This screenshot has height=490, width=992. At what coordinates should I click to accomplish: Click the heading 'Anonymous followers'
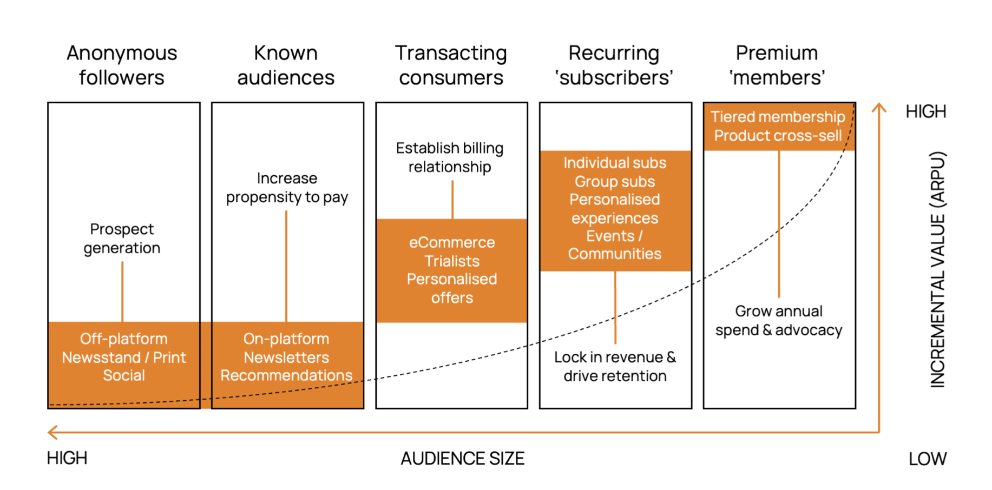coord(122,65)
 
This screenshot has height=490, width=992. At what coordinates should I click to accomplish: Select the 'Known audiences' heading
coord(286,65)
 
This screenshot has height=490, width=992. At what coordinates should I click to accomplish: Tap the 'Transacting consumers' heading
coord(451,65)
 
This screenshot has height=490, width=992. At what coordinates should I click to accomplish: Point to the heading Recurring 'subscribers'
coord(614,65)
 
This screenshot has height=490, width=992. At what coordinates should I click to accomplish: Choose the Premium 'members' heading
coord(777,65)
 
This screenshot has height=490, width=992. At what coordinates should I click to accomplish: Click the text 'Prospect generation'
coord(122,239)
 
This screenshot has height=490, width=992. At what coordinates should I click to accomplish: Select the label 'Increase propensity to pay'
coord(287,188)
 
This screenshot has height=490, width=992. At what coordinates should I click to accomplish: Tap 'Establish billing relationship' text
coord(450,157)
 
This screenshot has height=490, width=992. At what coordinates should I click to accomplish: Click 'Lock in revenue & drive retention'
coord(615,366)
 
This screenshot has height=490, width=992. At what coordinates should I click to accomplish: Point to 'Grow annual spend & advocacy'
coord(779,320)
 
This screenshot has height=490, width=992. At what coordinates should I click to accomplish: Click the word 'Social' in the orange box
coord(124,375)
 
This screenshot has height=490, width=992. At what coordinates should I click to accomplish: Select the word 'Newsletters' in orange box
coord(286,357)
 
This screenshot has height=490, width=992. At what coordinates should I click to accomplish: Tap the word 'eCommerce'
coord(452,242)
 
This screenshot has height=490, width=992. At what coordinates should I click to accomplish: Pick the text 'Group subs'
coord(615,182)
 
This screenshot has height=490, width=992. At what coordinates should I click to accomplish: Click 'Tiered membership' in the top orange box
coord(778,117)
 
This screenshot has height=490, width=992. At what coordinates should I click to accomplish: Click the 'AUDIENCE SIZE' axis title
coord(463,459)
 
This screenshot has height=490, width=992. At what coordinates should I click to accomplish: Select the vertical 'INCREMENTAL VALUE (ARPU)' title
coord(937,269)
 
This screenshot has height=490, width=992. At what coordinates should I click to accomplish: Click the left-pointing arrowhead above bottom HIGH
coord(52,432)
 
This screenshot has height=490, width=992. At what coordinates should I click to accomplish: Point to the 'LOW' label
coord(927,459)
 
